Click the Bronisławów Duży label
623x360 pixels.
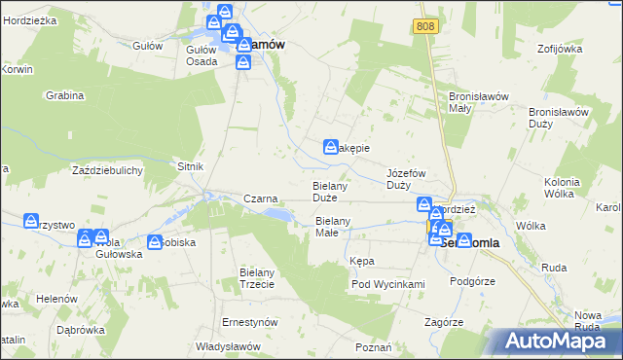coord(559,118)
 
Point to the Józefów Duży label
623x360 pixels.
coord(407,178)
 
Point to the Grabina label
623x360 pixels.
coord(65,95)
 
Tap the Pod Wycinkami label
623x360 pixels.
coord(388,284)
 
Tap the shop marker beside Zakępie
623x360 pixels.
coord(331,147)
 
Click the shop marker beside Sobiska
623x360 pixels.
coord(154,241)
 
